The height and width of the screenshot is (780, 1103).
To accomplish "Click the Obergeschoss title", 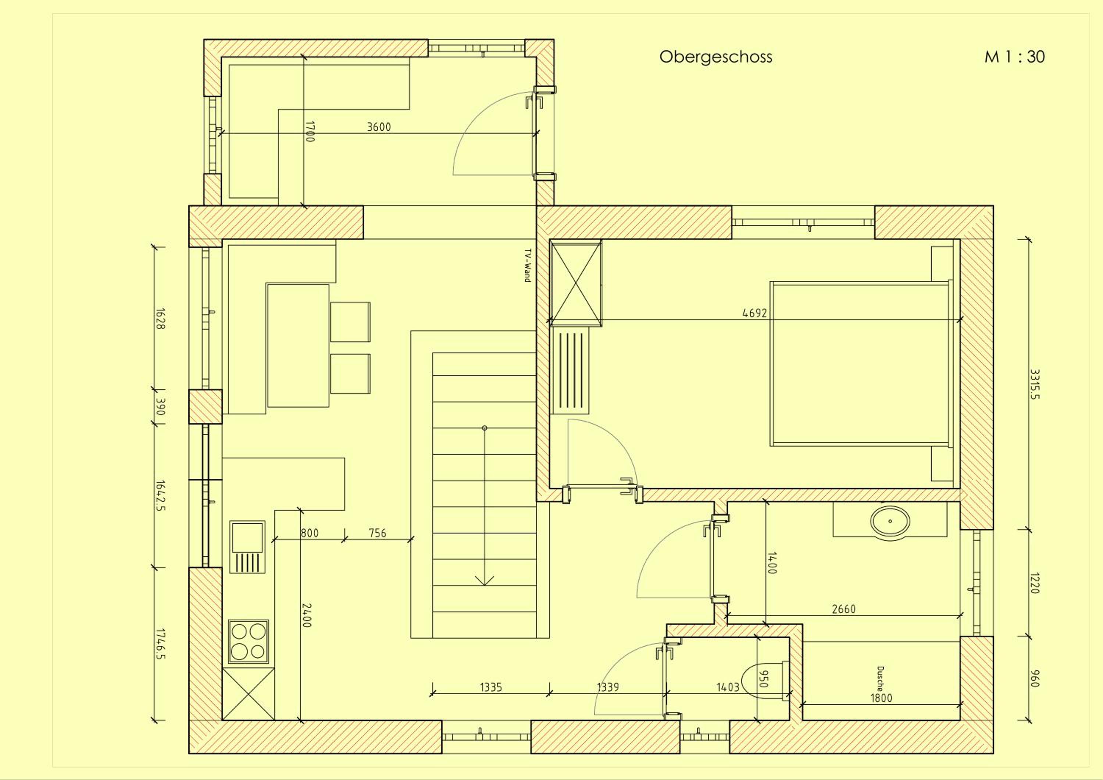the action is click(x=716, y=57).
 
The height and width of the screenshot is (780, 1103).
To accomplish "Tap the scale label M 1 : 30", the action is click(x=1015, y=57).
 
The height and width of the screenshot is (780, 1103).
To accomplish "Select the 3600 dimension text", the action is click(x=379, y=127).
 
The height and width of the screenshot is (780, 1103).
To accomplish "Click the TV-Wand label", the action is click(x=527, y=265).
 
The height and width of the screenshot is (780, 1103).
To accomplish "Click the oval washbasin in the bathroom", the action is click(x=890, y=521).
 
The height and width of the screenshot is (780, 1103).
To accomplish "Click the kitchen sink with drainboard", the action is click(x=247, y=547).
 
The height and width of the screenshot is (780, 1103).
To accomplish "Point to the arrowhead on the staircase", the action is click(x=484, y=581).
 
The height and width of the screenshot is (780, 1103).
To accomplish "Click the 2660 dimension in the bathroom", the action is click(x=843, y=609).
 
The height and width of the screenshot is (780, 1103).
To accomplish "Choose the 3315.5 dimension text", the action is click(x=1034, y=384).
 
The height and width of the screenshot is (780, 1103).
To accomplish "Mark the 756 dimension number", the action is click(x=377, y=533).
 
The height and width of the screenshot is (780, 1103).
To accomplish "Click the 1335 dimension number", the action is click(x=490, y=687).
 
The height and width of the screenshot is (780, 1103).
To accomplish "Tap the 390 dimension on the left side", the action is click(x=160, y=407).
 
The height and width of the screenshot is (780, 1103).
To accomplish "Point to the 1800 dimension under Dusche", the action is click(x=881, y=698).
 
